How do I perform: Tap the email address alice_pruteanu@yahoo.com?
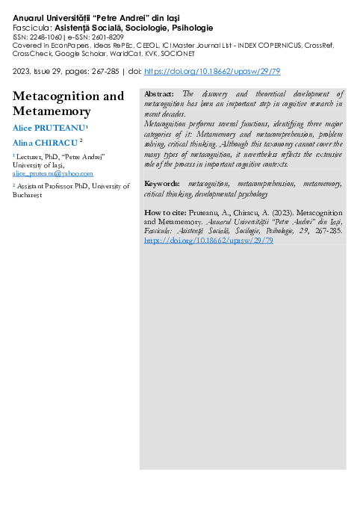coord(52,173)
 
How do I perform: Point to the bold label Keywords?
coord(161,183)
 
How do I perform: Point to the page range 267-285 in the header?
coord(93,71)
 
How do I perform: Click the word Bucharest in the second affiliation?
coord(28,194)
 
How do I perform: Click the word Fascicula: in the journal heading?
coord(32,27)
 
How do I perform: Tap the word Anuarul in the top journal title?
coord(32,16)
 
